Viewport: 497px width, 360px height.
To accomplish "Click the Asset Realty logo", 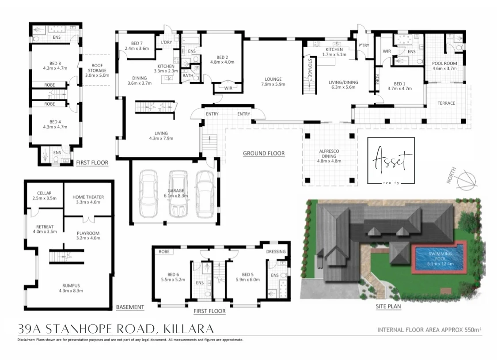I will (x=391, y=161).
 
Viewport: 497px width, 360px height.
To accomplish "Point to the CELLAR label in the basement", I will (x=44, y=193).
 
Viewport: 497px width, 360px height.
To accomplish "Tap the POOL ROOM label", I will (x=444, y=64).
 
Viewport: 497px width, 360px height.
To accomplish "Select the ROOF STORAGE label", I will (x=97, y=68).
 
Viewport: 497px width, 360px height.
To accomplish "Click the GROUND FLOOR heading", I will (x=263, y=153).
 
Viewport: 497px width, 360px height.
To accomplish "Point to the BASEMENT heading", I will (x=130, y=307).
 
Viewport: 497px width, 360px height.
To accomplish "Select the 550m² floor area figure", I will (x=470, y=330).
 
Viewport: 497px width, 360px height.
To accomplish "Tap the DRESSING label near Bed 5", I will (x=277, y=251).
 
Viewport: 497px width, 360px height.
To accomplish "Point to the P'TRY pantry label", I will (x=364, y=45).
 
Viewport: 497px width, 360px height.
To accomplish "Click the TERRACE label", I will (x=446, y=103).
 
